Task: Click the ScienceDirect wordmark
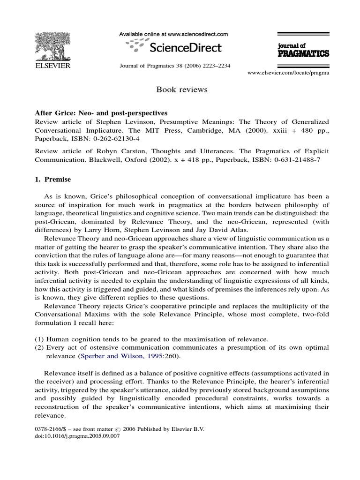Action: click(179, 47)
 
